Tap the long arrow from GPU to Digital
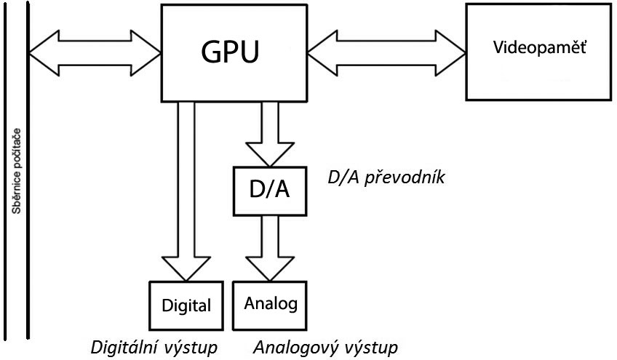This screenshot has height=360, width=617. tap(186, 189)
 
